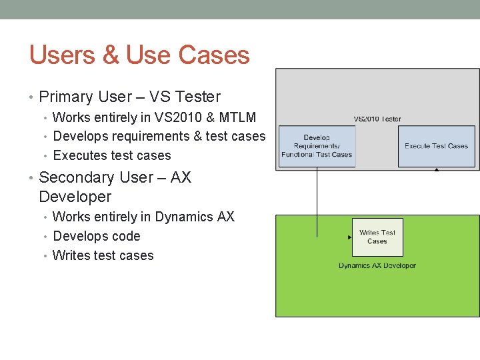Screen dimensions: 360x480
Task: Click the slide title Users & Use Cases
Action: click(139, 55)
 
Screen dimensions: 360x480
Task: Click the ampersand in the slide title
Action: click(111, 55)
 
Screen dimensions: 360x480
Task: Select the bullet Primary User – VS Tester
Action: click(129, 97)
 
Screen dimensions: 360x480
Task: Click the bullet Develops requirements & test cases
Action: click(159, 136)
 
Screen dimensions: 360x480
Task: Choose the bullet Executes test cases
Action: click(111, 155)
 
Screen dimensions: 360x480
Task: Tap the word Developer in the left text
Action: click(75, 197)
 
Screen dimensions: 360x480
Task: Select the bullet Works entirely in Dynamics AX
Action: click(143, 217)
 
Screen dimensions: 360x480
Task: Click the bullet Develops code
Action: click(97, 236)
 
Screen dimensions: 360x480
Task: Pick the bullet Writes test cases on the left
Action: click(103, 255)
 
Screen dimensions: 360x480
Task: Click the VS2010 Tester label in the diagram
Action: click(377, 119)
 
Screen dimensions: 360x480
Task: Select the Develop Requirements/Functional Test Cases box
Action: click(317, 146)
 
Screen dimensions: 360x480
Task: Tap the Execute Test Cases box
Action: click(436, 146)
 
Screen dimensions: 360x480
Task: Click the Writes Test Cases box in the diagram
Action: click(377, 237)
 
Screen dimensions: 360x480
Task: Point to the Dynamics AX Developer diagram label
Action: click(377, 265)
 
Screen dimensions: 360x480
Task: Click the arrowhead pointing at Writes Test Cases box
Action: click(349, 237)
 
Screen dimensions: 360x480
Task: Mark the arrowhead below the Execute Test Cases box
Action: click(437, 170)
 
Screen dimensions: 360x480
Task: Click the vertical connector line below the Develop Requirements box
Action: click(317, 200)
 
